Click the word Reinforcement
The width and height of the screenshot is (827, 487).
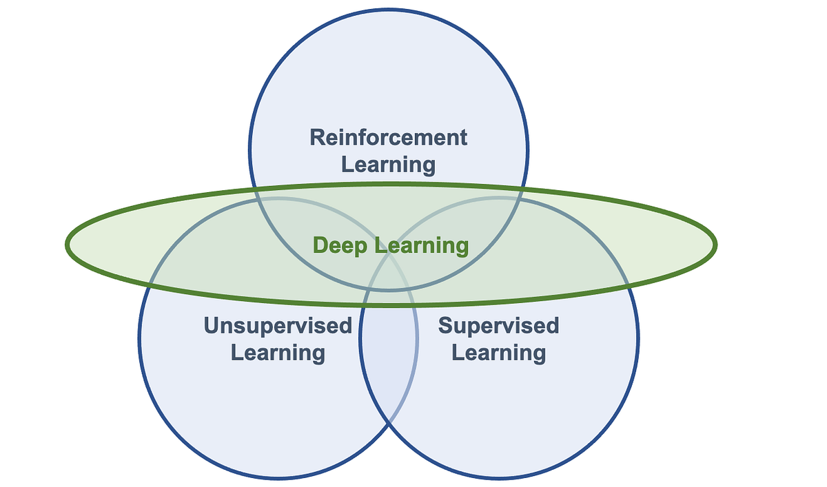388,137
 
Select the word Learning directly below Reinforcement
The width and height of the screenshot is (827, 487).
388,165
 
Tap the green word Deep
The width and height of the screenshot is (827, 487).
338,245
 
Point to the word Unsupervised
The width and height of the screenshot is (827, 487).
278,325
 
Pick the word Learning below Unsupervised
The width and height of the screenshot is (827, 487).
278,353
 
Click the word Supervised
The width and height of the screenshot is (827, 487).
498,325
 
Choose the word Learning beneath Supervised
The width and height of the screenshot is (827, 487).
498,353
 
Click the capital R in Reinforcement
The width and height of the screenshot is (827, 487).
317,137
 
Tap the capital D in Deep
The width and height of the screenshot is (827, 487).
320,245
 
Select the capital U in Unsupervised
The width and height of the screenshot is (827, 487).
212,325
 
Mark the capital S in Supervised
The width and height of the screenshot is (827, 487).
445,325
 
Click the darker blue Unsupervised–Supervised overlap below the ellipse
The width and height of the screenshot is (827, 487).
389,351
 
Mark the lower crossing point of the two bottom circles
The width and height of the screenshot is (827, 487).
389,422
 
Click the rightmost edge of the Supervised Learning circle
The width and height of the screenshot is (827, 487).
638,338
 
